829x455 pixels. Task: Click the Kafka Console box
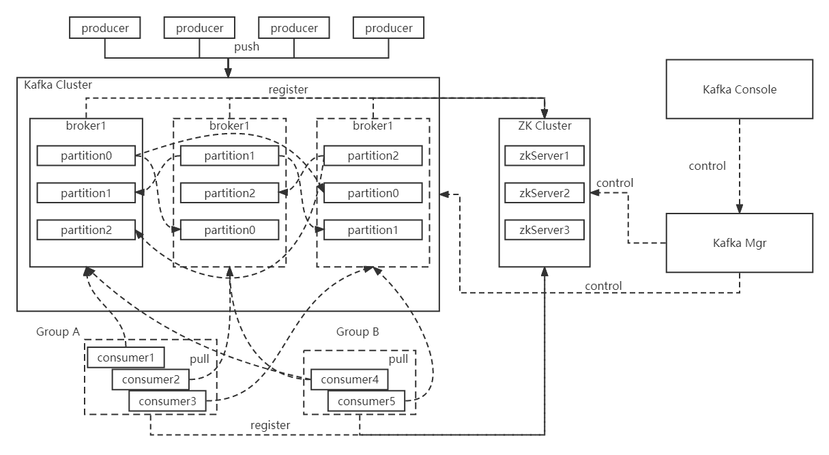coord(740,89)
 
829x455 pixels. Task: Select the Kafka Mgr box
coord(740,242)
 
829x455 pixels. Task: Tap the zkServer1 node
coord(544,156)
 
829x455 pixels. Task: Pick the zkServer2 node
coord(544,193)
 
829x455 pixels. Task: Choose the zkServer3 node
coord(544,230)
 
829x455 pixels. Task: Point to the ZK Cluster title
coord(544,126)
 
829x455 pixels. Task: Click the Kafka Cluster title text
coord(58,85)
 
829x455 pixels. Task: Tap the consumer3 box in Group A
coord(167,401)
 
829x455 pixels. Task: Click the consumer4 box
coord(349,379)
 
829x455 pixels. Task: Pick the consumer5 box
coord(366,401)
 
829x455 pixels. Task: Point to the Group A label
coord(58,332)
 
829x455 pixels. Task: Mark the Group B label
coord(358,332)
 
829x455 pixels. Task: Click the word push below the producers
coord(246,47)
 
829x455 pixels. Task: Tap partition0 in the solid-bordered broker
coord(85,156)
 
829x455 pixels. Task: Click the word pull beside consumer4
coord(398,359)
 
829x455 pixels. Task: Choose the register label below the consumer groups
coord(270,425)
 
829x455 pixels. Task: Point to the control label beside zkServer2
coord(614,183)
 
